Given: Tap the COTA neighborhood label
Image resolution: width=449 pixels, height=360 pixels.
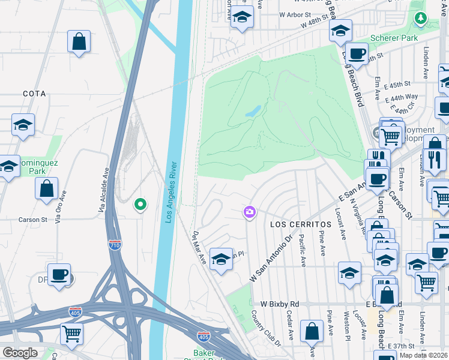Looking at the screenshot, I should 34,94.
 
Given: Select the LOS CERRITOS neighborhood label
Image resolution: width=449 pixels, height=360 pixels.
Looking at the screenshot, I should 292,224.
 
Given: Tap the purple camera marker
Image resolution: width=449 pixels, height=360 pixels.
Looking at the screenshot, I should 249,212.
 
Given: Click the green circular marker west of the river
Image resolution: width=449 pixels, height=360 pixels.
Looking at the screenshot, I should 140,205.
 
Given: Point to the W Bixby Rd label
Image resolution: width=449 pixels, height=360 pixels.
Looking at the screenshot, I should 279,304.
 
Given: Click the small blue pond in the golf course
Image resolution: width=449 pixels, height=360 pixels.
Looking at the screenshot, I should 253,111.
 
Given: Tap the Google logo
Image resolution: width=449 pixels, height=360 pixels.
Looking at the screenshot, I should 20,353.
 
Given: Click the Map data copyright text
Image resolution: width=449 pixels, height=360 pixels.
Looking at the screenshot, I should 423,355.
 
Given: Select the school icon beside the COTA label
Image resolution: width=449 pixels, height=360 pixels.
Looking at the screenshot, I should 23,125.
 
